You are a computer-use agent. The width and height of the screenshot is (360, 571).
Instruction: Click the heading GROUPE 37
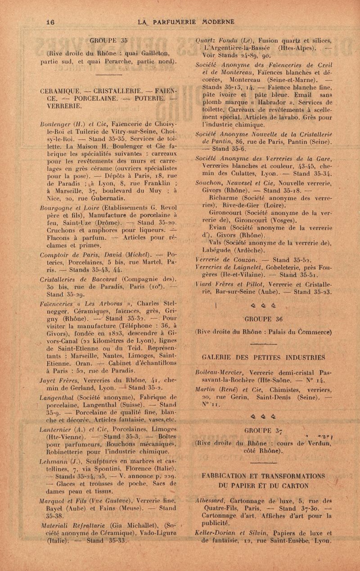262,427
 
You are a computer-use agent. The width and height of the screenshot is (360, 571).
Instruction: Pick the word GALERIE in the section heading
218,358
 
